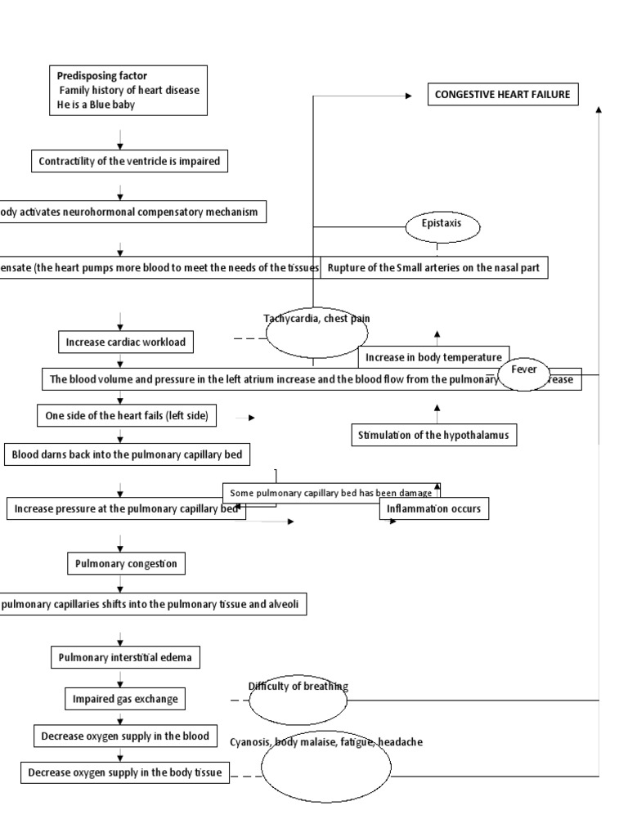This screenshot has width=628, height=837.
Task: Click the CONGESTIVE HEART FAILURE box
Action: pos(502,95)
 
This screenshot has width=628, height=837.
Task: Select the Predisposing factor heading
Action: pos(102,76)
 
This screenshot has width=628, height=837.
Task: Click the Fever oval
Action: pos(524,370)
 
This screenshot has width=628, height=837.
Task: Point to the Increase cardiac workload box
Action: pos(127,342)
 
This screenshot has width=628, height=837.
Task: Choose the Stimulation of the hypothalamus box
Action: pos(434,435)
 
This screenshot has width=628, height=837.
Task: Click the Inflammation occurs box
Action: pos(434,508)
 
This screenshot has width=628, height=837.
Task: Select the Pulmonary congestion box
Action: pos(126,563)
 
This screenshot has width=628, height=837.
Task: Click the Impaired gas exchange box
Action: pos(124,699)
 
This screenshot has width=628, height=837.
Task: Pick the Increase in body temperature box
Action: pos(433,358)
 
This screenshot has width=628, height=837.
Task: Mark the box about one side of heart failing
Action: pos(127,415)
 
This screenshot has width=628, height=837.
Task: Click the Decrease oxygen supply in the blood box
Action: pos(125,736)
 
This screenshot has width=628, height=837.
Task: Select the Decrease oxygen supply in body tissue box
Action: pos(125,772)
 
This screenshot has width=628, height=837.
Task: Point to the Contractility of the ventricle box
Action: pos(129,161)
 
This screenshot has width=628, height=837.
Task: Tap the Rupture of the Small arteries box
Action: pos(433,267)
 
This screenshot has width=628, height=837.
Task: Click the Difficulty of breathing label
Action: pos(298,686)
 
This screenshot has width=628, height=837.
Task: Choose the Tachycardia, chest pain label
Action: pos(311,318)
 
